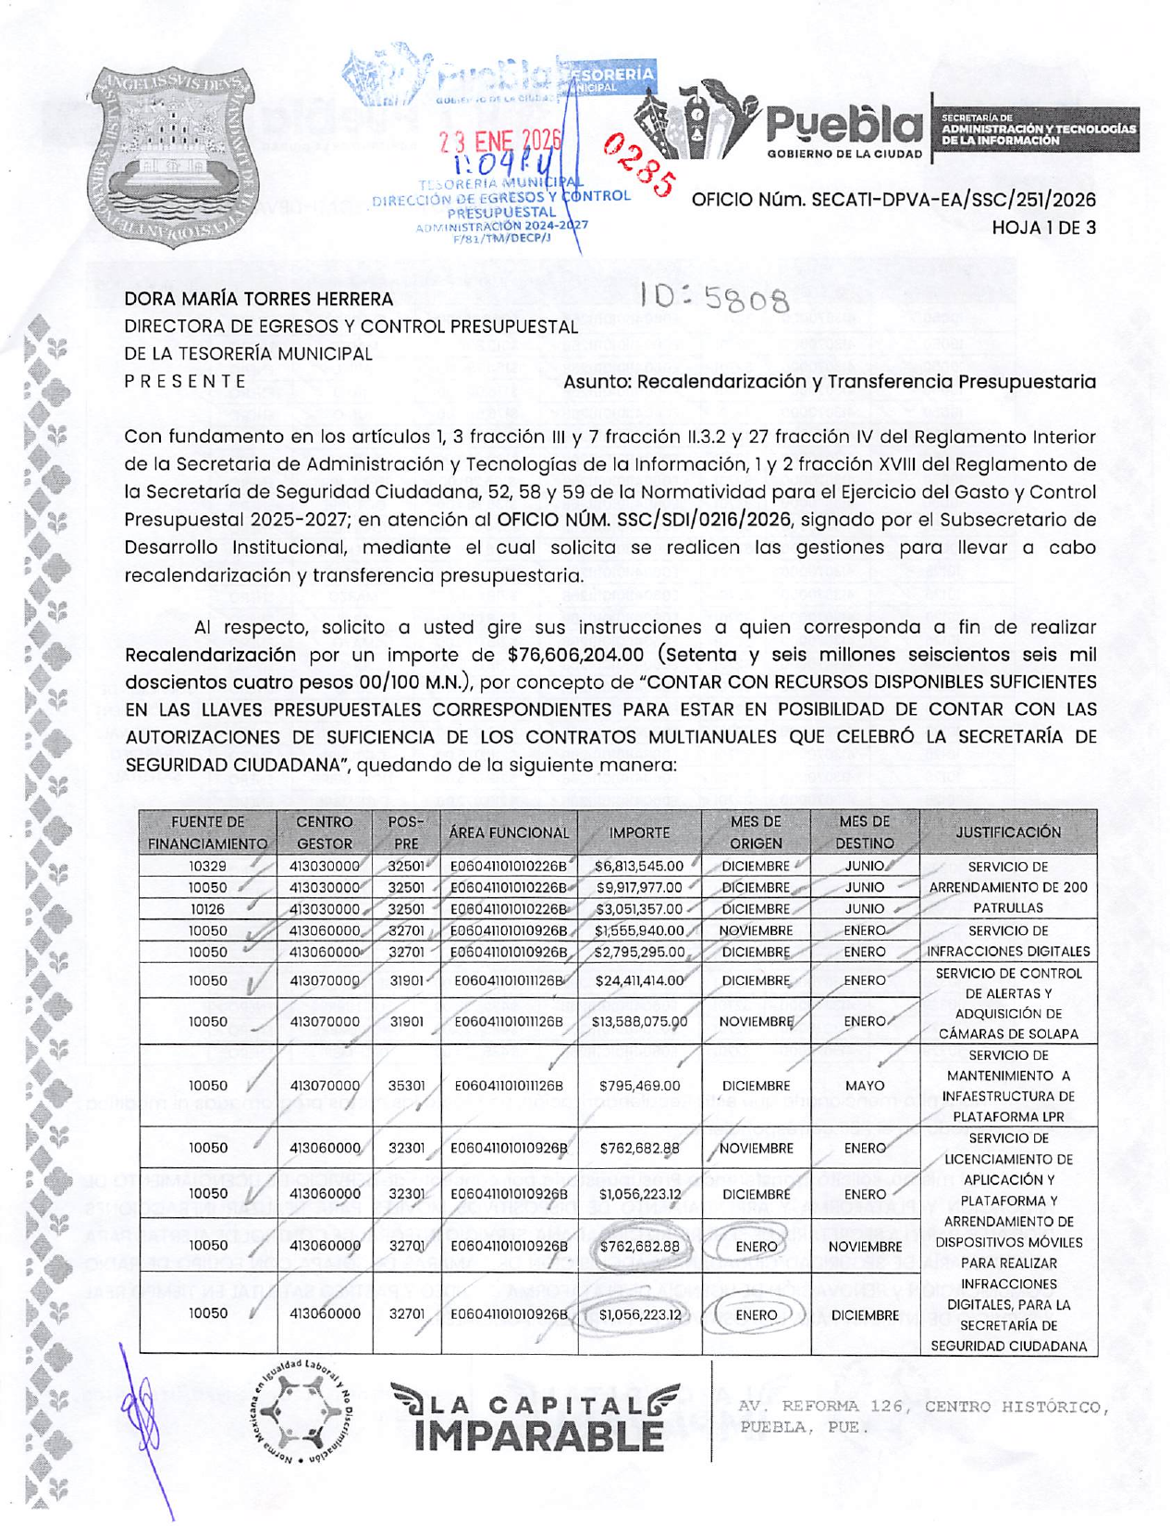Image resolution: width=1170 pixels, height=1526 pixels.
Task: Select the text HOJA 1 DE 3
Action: point(1043,228)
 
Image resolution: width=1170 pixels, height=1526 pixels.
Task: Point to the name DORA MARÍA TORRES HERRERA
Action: point(259,299)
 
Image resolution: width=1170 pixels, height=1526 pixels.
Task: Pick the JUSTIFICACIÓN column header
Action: point(1008,831)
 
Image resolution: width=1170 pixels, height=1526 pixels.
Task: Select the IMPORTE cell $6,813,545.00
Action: point(639,867)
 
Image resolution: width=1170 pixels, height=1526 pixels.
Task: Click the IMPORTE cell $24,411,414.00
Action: point(639,980)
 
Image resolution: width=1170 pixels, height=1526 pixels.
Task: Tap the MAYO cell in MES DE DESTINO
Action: point(864,1086)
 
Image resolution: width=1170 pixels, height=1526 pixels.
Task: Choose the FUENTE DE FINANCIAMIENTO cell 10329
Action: point(207,867)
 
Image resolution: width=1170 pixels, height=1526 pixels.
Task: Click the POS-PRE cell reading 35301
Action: point(406,1086)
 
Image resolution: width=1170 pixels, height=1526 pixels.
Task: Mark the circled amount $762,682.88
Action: point(639,1247)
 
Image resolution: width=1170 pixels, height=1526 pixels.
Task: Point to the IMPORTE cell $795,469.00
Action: point(639,1086)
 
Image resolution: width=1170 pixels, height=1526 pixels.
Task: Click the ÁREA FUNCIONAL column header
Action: point(509,832)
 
